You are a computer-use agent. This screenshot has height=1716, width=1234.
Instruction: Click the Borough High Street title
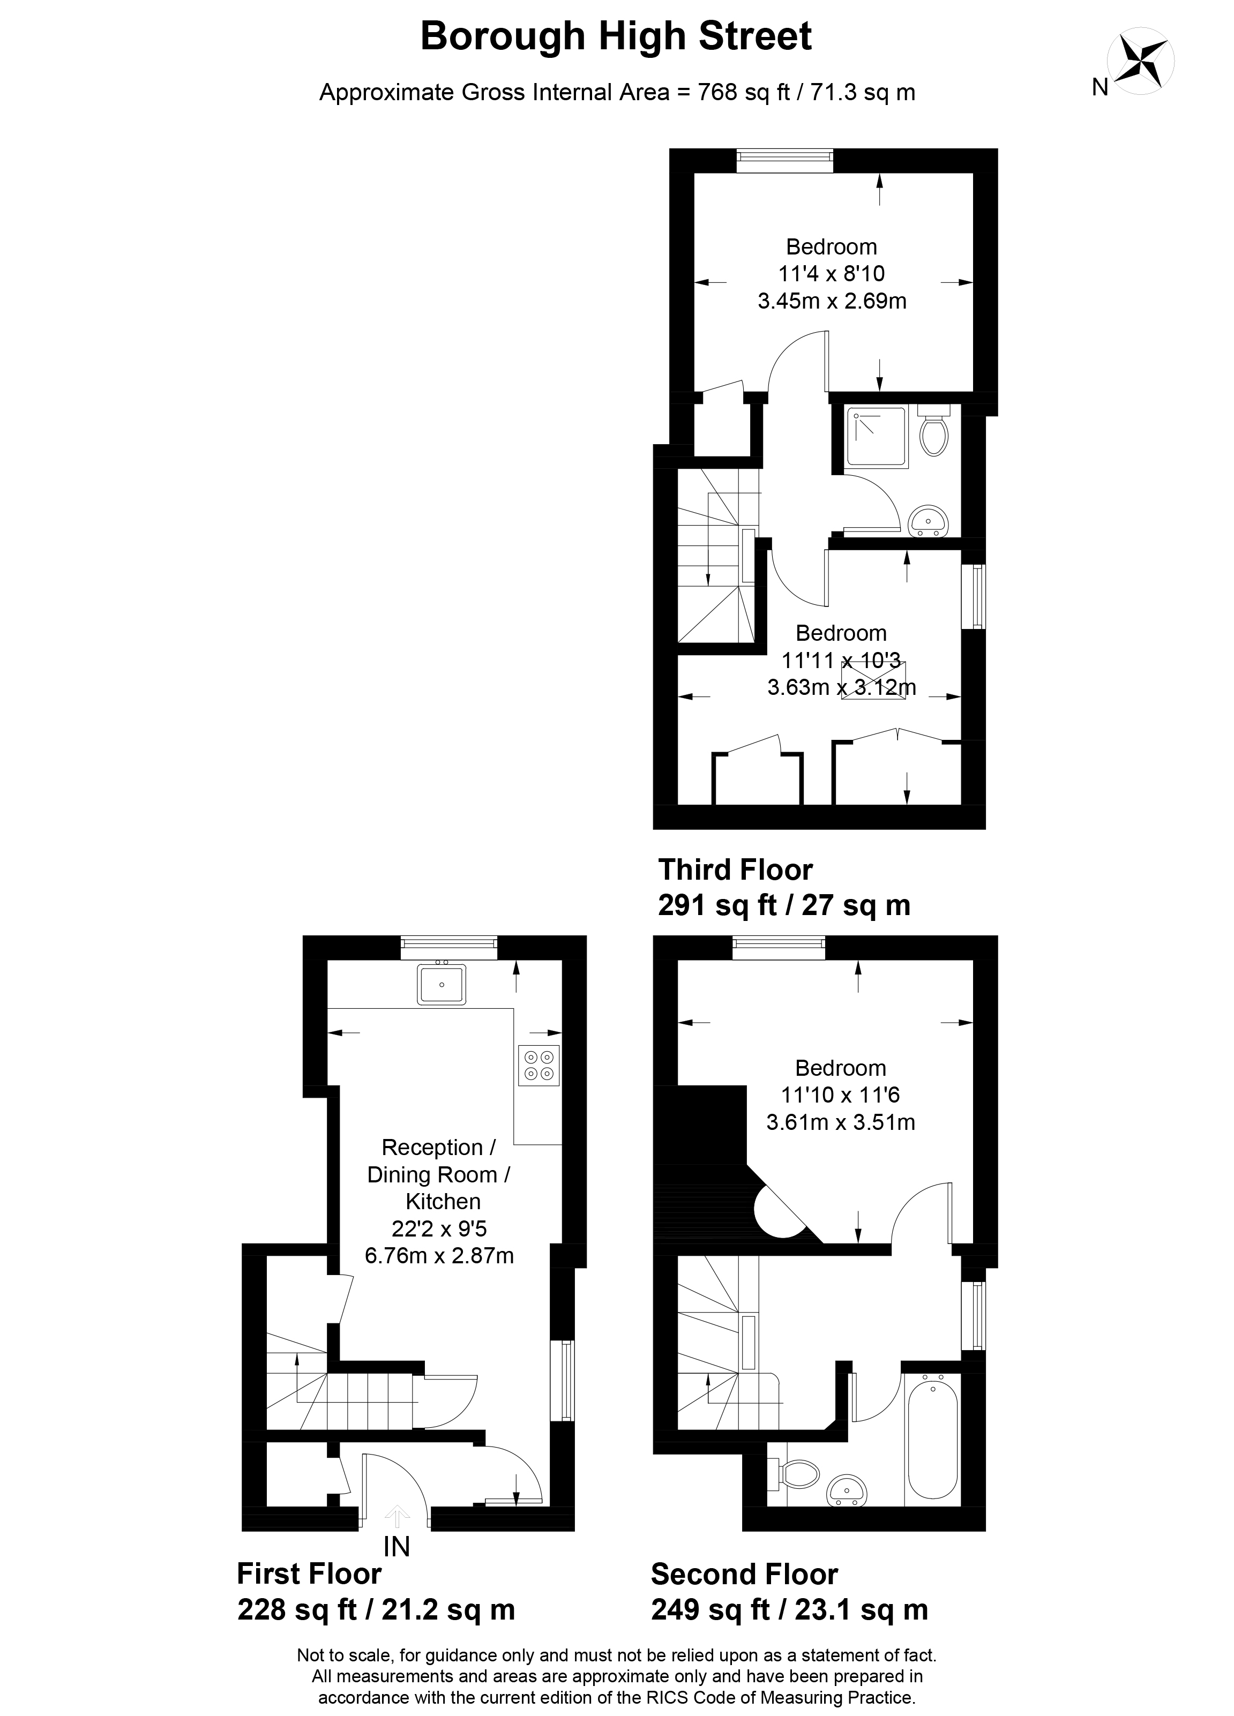[x=616, y=36]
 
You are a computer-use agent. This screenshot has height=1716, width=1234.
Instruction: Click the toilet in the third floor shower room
[x=934, y=431]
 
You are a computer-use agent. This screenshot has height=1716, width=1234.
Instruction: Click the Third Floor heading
[x=735, y=870]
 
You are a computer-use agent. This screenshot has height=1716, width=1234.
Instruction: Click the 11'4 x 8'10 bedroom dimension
[x=832, y=274]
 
